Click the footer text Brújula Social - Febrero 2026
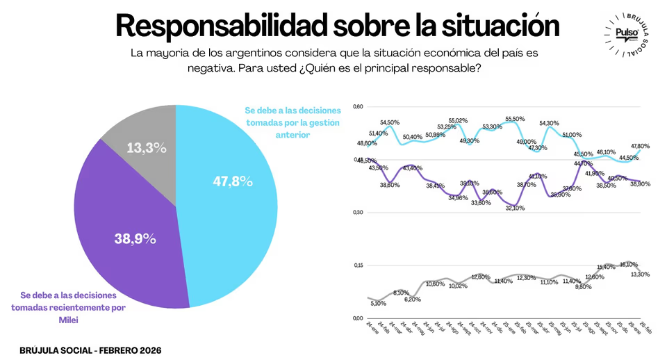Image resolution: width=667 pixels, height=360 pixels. coord(90,350)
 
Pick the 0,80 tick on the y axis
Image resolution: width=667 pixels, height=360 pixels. coord(359,107)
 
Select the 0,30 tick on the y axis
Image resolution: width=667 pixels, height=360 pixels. coord(359,213)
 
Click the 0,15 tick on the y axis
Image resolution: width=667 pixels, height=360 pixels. coord(359,265)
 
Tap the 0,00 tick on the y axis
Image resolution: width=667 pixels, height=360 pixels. coord(359,318)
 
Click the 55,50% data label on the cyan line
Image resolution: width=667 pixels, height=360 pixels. coord(515,119)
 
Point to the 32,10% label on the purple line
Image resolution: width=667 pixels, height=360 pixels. coord(515,207)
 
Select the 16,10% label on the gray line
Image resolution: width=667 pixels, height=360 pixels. coord(629,264)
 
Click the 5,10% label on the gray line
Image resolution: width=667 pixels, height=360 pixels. coord(378,303)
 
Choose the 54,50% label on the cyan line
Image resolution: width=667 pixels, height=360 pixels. coord(390,122)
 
